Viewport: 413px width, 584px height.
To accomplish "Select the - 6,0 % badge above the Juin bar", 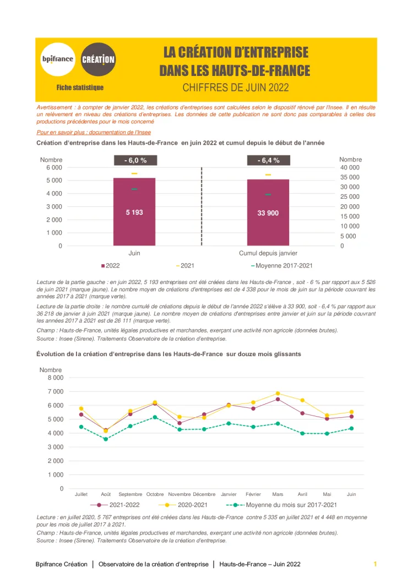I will [134, 160].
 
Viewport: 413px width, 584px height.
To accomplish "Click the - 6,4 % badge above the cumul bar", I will [268, 160].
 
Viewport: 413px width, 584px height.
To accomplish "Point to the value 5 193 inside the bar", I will [134, 212].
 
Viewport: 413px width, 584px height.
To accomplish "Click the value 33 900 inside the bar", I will [268, 212].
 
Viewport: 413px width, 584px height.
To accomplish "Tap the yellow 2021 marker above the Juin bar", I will [134, 173].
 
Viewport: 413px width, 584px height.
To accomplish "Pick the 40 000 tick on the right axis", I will [350, 167].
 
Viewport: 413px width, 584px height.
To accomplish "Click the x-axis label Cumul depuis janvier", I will [268, 253].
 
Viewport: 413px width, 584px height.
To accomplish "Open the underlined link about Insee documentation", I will [94, 132].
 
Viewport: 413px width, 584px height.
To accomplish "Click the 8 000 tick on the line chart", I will [55, 378].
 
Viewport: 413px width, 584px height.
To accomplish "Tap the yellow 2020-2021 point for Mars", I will [278, 394].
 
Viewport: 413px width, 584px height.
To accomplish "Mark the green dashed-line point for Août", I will [106, 439].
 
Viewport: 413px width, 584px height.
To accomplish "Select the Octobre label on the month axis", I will [155, 494].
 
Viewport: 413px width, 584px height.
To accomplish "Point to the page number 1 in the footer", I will [375, 564].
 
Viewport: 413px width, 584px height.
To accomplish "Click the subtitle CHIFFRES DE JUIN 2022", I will [235, 87].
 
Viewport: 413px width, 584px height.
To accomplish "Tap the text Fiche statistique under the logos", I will [80, 88].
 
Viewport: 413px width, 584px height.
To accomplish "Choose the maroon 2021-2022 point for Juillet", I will [81, 414].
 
